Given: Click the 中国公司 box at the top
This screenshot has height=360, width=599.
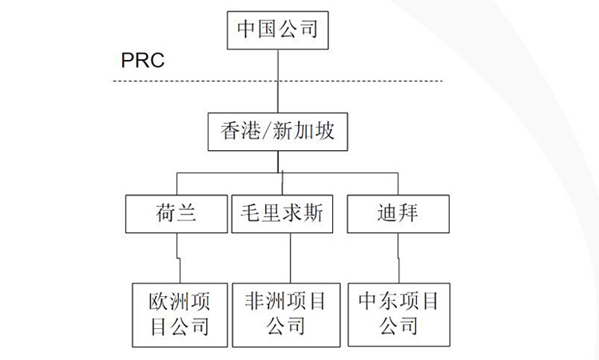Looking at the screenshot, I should tap(278, 30).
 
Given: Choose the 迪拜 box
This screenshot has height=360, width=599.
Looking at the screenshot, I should tap(396, 213).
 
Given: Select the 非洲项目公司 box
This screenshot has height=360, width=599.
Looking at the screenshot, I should tap(285, 313).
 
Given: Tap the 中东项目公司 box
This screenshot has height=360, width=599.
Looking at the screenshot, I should tap(398, 313).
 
